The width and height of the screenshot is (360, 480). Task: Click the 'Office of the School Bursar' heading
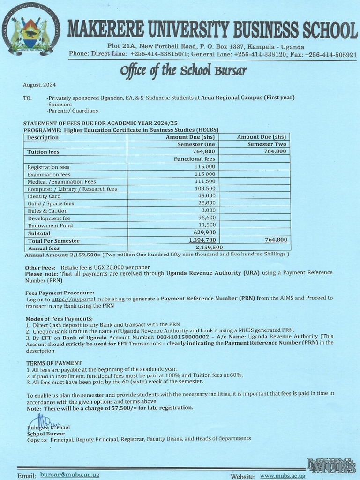[x=183, y=71]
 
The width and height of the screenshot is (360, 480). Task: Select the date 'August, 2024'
[x=39, y=85]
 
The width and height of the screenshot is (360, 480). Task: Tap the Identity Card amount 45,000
[x=206, y=196]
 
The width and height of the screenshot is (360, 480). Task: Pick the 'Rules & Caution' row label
[x=47, y=211]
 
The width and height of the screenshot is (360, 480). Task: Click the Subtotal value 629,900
[x=204, y=232]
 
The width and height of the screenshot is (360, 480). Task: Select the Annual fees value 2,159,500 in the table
[x=209, y=247]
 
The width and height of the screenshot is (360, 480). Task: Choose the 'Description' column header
[x=43, y=137]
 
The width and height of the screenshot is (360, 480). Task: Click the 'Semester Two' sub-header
[x=267, y=144]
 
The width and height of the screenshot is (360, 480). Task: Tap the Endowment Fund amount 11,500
[x=206, y=225]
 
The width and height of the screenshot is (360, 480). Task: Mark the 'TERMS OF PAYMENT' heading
[x=54, y=363]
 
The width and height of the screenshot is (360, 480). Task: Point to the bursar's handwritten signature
[x=38, y=420]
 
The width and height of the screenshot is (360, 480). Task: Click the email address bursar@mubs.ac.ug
[x=70, y=475]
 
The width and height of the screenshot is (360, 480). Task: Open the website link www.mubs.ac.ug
[x=283, y=476]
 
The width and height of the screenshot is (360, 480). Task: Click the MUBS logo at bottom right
[x=331, y=465]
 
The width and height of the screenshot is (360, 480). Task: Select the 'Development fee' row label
[x=49, y=218]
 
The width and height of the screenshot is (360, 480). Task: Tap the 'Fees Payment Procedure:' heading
[x=60, y=292]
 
